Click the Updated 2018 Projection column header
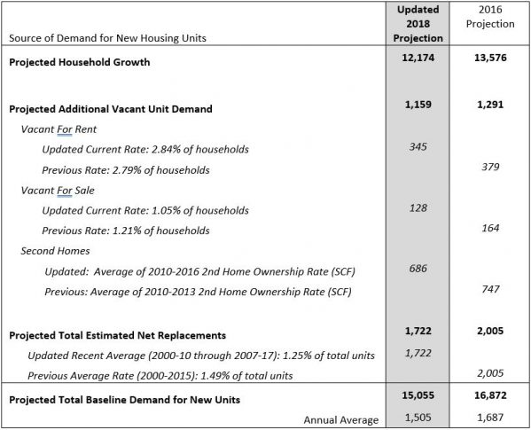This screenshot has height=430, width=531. click(x=418, y=24)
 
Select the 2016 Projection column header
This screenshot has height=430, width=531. click(x=490, y=17)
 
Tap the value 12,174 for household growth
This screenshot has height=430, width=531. click(x=418, y=58)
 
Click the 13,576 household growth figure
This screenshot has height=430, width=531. click(x=490, y=58)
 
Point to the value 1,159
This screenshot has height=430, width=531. click(x=418, y=105)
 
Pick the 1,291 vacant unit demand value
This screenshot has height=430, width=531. click(x=490, y=105)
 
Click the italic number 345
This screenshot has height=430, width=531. click(x=418, y=146)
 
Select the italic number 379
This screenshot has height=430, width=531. click(x=490, y=167)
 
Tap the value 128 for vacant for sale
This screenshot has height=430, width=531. click(x=418, y=207)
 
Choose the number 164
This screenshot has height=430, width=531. click(x=490, y=228)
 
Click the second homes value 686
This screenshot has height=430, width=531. click(x=418, y=269)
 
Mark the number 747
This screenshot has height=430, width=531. click(x=490, y=289)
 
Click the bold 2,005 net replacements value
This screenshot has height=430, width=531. click(x=490, y=331)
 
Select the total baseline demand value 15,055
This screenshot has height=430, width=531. click(x=418, y=395)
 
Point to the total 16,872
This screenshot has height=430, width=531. click(x=490, y=395)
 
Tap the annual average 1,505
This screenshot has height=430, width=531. click(x=418, y=418)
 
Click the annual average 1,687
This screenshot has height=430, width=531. click(x=490, y=418)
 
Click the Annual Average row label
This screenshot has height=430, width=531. click(x=341, y=420)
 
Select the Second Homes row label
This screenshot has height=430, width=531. click(x=55, y=251)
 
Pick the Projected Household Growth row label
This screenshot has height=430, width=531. click(x=80, y=62)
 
